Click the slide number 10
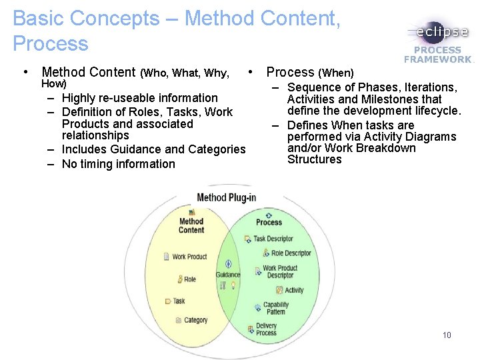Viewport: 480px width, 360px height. click(447, 335)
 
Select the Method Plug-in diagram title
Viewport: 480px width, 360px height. click(227, 197)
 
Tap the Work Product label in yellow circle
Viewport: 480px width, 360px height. click(189, 257)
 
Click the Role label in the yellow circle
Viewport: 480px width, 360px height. click(190, 279)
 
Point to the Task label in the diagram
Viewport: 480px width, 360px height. click(179, 301)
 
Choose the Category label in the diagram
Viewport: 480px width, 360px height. click(195, 320)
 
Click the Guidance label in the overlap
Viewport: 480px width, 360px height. click(228, 275)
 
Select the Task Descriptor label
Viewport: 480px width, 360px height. click(273, 239)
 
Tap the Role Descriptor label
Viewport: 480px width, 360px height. click(291, 253)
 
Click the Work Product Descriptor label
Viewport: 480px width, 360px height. click(280, 272)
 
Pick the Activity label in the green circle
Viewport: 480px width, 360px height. click(294, 290)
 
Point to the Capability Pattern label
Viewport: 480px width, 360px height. click(275, 309)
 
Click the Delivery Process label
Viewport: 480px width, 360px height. click(266, 329)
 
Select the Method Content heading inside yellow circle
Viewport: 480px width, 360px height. click(191, 225)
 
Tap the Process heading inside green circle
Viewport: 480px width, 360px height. click(269, 222)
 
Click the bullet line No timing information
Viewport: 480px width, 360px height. click(118, 164)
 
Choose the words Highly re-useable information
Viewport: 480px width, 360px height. click(139, 98)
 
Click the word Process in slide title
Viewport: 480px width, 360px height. click(51, 44)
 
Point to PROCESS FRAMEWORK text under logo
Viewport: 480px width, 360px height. click(437, 55)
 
